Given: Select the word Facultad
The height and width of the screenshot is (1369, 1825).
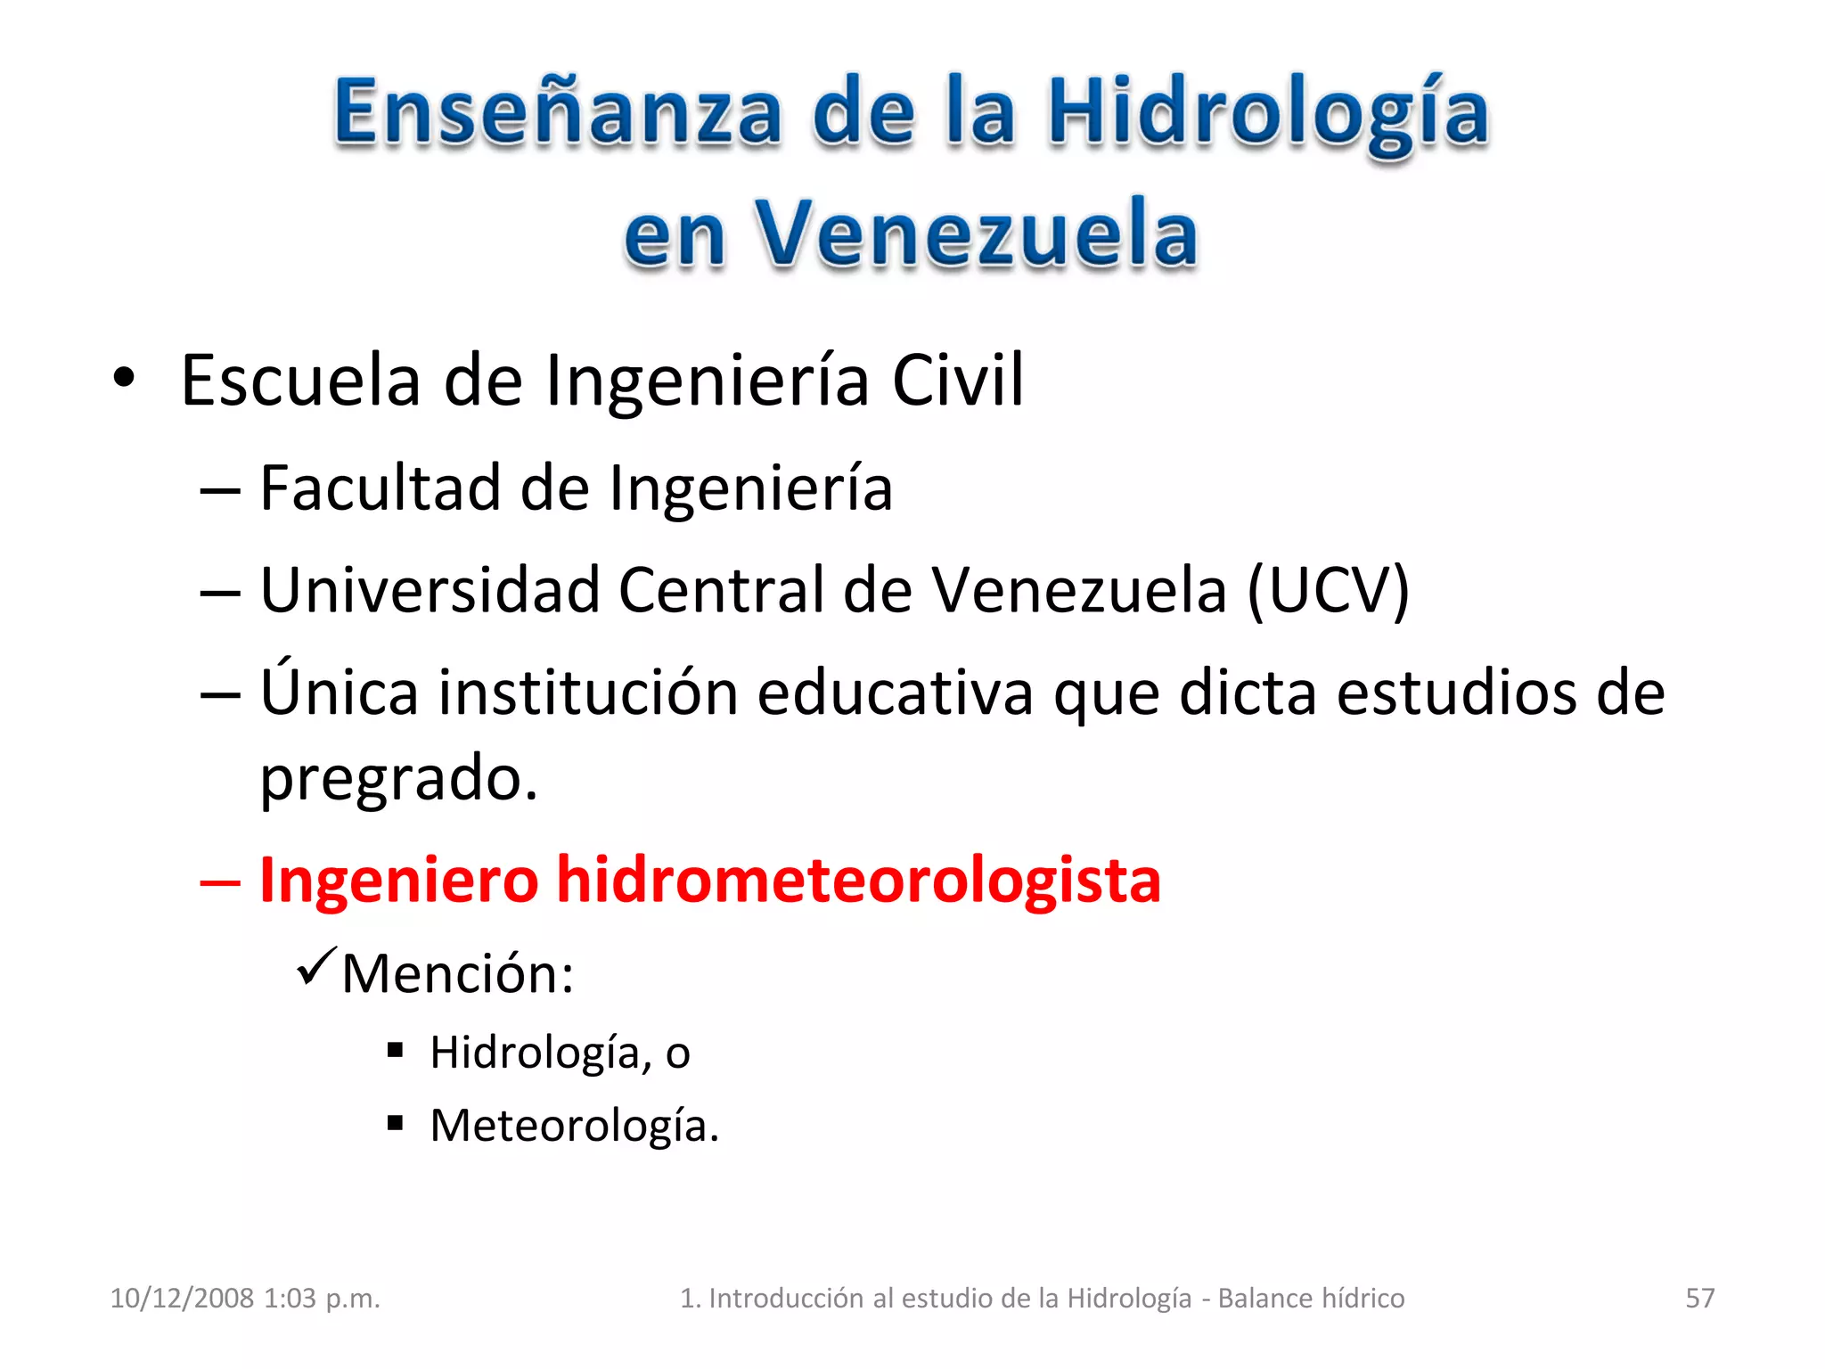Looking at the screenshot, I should pyautogui.click(x=381, y=488).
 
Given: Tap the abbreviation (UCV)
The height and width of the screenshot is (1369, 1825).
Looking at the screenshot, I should pyautogui.click(x=1328, y=590).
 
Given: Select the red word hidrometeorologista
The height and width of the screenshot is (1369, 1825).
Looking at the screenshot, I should pyautogui.click(x=858, y=880).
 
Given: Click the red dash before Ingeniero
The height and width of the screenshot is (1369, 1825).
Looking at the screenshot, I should pyautogui.click(x=220, y=882).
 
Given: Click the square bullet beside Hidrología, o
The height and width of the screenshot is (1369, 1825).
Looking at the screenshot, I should pyautogui.click(x=396, y=1051).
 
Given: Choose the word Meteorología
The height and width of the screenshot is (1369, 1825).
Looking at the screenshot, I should pyautogui.click(x=574, y=1126).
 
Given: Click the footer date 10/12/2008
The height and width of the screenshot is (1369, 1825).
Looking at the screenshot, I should pyautogui.click(x=181, y=1298).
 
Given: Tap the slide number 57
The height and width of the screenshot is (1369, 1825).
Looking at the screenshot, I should pyautogui.click(x=1699, y=1298).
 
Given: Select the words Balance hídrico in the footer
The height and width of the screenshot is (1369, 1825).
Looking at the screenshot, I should pyautogui.click(x=1311, y=1298).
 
